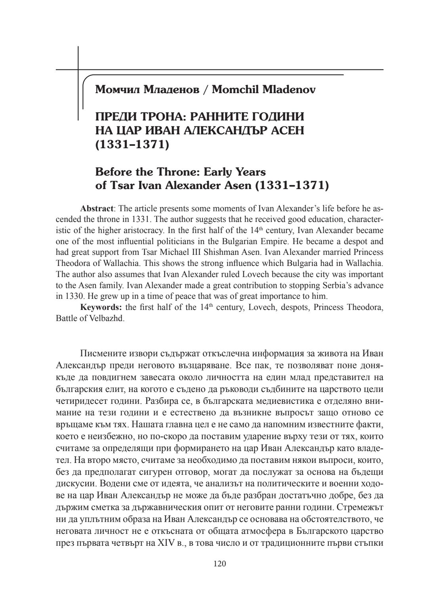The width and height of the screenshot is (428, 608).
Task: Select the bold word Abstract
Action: (x=97, y=208)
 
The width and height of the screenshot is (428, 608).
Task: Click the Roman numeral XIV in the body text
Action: (x=166, y=543)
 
